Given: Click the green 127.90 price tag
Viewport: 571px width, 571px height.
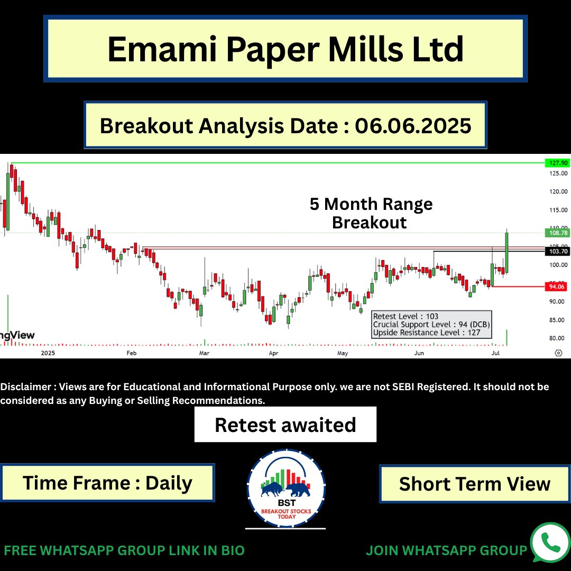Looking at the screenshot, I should pos(557,163).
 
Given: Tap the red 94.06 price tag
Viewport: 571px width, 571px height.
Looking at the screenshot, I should pos(557,287).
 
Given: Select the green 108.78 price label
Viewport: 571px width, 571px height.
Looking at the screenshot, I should pos(557,232).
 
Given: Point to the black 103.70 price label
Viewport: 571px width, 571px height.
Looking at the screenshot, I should pos(557,252).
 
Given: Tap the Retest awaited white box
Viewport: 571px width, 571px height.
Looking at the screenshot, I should pos(285,425).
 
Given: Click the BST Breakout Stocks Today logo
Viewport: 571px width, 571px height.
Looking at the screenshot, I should pos(286,488).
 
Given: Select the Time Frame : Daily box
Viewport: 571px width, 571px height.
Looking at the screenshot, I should pos(107,483).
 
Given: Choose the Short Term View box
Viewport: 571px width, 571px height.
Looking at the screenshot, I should pos(474,484).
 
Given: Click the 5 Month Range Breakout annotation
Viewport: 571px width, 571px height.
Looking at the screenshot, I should pos(371,213).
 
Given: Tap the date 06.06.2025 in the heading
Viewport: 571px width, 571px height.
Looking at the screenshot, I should pos(413,125).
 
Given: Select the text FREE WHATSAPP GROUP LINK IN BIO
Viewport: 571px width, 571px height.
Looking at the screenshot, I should pos(124,550).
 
